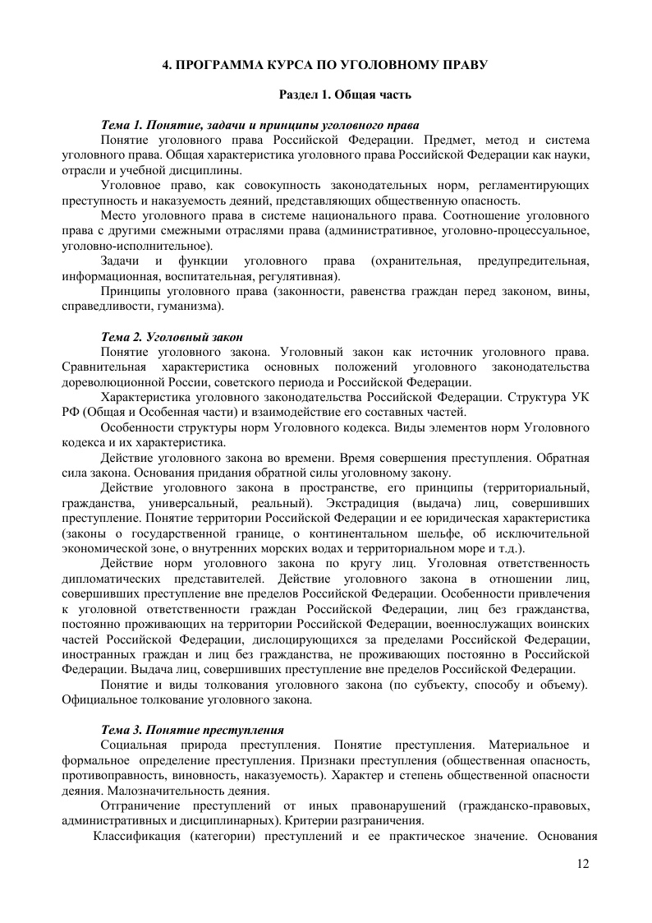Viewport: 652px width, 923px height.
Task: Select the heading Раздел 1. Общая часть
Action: [345, 95]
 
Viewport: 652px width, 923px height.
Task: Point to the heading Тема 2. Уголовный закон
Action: [172, 337]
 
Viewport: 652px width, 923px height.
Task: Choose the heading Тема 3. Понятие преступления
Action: [192, 729]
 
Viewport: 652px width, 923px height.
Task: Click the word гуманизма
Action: [194, 307]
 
